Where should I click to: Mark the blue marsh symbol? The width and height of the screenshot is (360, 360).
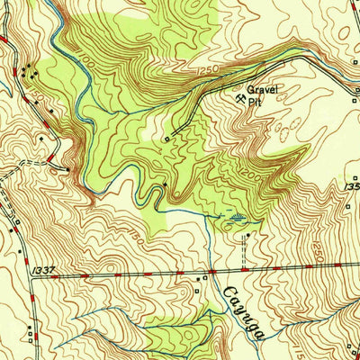coord(236,217)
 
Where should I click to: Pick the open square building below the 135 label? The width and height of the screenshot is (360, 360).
coord(349,206)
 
